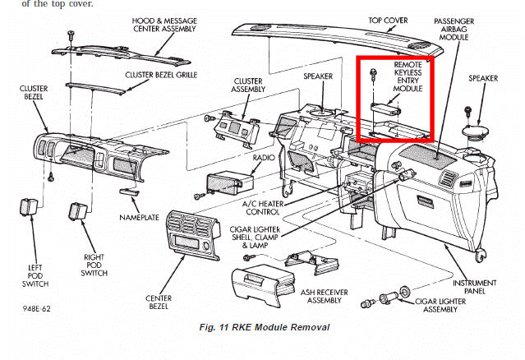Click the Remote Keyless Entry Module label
pos(408,76)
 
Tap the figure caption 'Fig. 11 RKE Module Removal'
pos(265,327)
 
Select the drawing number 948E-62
pos(37,308)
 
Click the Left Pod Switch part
pos(29,206)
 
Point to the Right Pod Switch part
pos(78,211)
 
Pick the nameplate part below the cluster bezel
pos(129,192)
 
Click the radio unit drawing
pos(229,184)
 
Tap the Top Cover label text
pos(388,21)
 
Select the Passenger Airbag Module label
pos(454,29)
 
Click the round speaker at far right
pos(475,132)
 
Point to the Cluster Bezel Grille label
pos(161,75)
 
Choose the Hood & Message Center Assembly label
pos(164,25)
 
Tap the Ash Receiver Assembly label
pos(324,297)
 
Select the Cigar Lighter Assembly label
pos(440,306)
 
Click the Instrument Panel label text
pos(474,287)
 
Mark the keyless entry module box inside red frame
pos(386,108)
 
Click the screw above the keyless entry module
pos(373,74)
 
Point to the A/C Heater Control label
pos(263,208)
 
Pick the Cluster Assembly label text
pos(248,85)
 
